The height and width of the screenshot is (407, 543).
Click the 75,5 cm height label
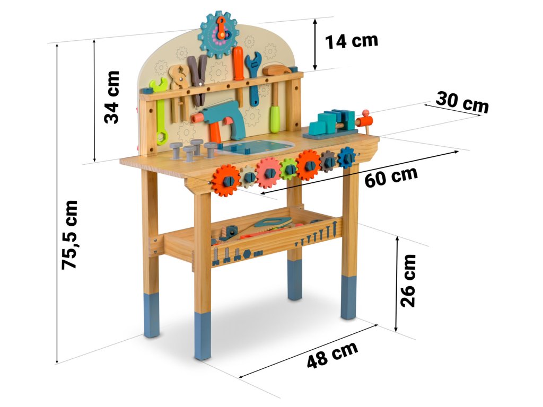[69, 234]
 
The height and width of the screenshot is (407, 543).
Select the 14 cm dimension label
[352, 41]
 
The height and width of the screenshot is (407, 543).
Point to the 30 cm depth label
[461, 102]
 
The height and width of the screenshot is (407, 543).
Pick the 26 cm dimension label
[408, 280]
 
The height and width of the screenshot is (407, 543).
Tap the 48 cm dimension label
[332, 355]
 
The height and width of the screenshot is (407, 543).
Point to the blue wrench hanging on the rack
[254, 77]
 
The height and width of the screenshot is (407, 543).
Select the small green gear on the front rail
[289, 169]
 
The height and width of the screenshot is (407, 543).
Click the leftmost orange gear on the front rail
[226, 180]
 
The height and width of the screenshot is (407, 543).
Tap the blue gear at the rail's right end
[347, 157]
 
